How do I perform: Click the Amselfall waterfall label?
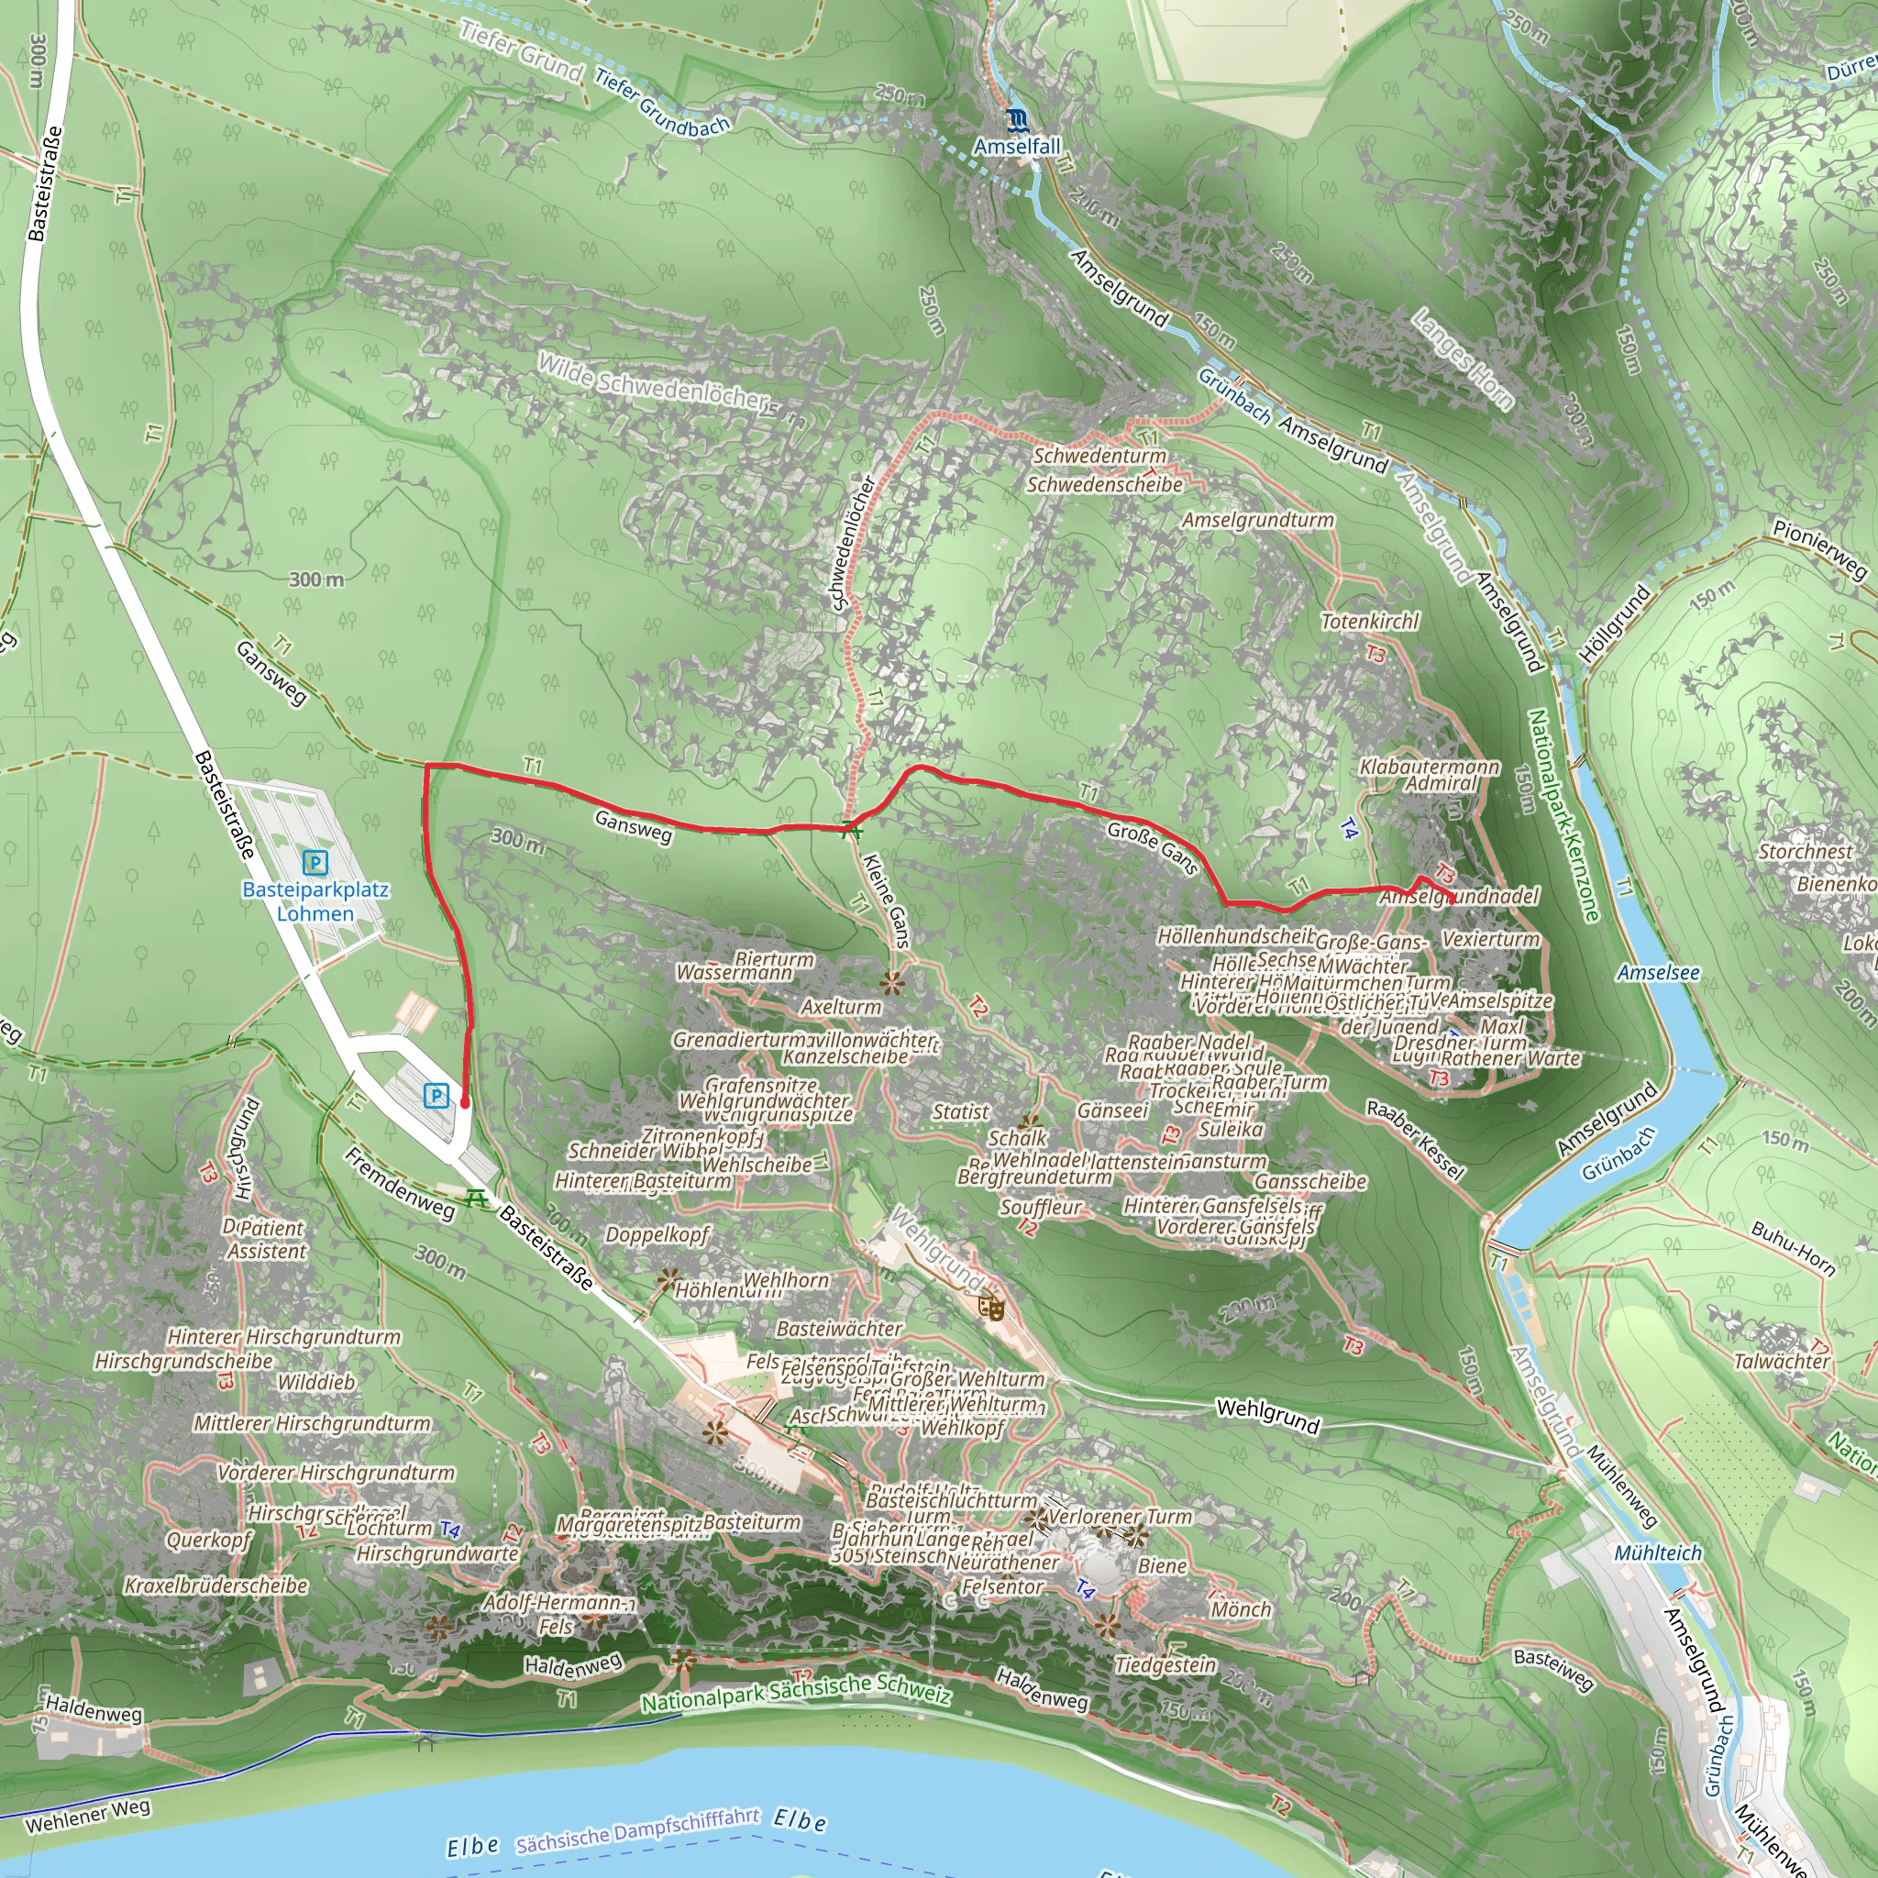click(x=1017, y=146)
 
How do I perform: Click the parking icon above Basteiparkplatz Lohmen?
click(x=315, y=862)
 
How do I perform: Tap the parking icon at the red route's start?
click(x=436, y=1096)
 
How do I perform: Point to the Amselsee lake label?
click(x=1658, y=972)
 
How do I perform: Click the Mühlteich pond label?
click(x=1657, y=1552)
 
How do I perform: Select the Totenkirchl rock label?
click(x=1370, y=620)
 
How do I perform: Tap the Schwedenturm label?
click(x=1099, y=455)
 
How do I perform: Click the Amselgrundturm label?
click(x=1258, y=520)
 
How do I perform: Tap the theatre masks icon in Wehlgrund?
click(x=991, y=1308)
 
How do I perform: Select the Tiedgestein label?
click(x=1165, y=1665)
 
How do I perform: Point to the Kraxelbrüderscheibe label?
click(x=215, y=1585)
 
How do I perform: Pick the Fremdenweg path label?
click(x=400, y=1182)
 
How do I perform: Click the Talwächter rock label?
click(x=1782, y=1361)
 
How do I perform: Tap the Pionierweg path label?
click(x=1818, y=549)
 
